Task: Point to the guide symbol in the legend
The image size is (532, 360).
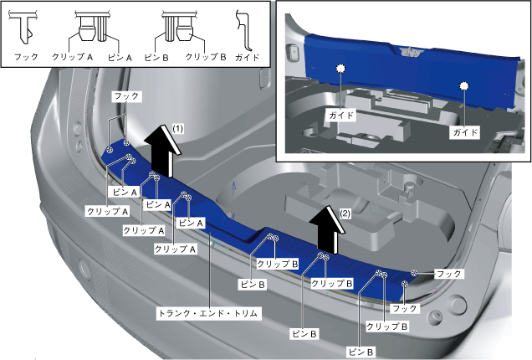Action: [x=245, y=29]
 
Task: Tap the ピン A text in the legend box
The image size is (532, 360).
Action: [x=121, y=58]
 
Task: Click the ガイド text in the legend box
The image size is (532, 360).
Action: [x=248, y=58]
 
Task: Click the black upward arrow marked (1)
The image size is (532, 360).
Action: [x=161, y=151]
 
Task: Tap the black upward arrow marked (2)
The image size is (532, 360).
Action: [x=320, y=229]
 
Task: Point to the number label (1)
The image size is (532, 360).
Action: [x=177, y=127]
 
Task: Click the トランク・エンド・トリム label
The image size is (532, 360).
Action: [x=210, y=313]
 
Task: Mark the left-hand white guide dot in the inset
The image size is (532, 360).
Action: [x=341, y=68]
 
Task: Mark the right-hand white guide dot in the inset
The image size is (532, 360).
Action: [x=462, y=85]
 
